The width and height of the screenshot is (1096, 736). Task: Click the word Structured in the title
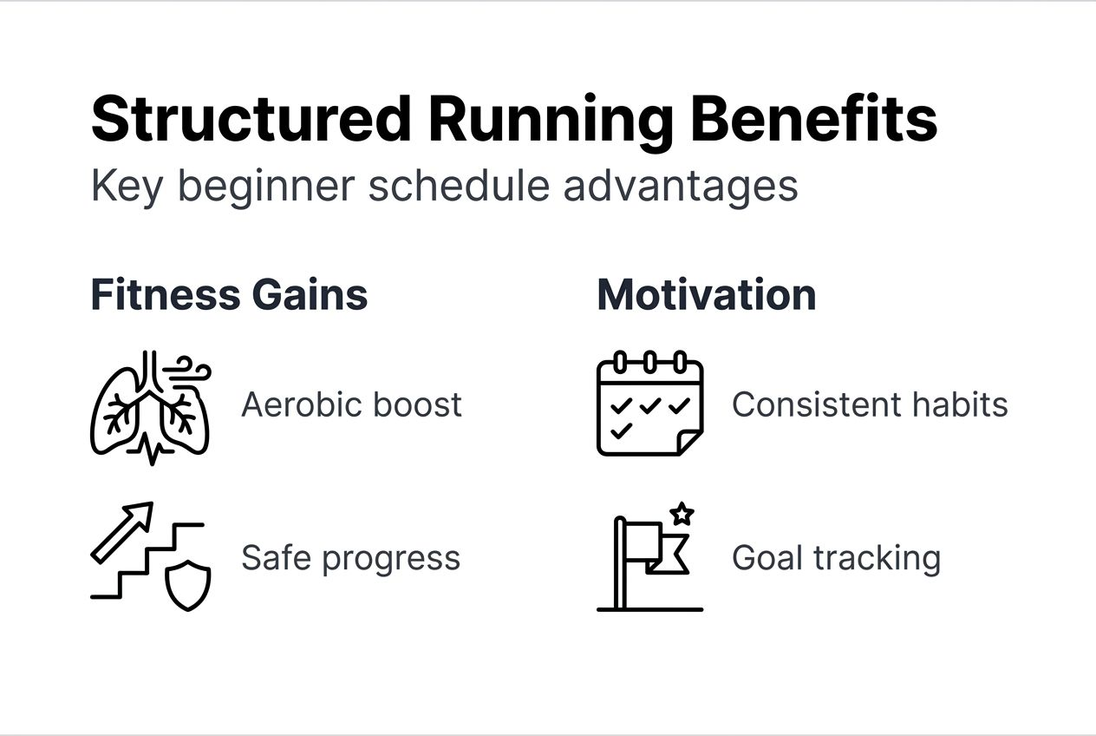pyautogui.click(x=251, y=119)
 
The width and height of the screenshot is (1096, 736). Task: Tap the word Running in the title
pyautogui.click(x=551, y=122)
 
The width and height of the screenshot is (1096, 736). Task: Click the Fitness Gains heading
pyautogui.click(x=229, y=294)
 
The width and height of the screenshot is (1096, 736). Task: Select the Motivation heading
pyautogui.click(x=707, y=294)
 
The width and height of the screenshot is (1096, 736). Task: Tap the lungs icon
pyautogui.click(x=151, y=408)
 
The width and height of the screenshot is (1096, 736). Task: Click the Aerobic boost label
pyautogui.click(x=351, y=404)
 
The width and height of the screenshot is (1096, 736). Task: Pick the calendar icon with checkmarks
pyautogui.click(x=650, y=404)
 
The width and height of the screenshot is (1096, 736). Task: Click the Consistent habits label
pyautogui.click(x=870, y=404)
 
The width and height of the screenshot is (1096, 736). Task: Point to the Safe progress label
pyautogui.click(x=351, y=558)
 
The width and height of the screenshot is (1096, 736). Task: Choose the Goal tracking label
pyautogui.click(x=836, y=558)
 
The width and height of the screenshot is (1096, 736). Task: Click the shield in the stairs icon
pyautogui.click(x=188, y=586)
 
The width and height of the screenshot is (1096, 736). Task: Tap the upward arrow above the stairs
pyautogui.click(x=122, y=533)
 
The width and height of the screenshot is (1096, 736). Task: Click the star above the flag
pyautogui.click(x=682, y=514)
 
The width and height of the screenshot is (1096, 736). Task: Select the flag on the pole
pyautogui.click(x=658, y=548)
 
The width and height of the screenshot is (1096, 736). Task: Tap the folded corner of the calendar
pyautogui.click(x=689, y=443)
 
